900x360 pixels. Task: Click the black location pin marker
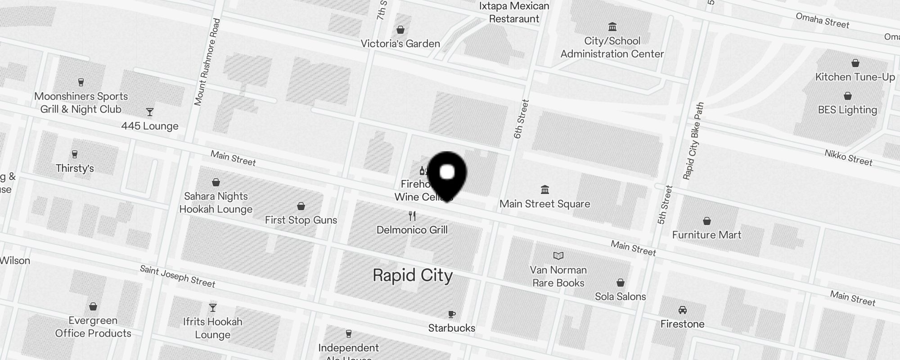(447, 173)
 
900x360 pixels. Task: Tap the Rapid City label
(413, 275)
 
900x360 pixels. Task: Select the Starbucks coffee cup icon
(452, 314)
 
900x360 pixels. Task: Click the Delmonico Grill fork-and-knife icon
(412, 216)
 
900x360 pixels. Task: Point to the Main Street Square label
(544, 204)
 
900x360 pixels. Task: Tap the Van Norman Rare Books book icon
(558, 256)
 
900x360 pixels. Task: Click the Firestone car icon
(683, 310)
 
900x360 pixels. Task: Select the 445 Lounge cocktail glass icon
(150, 112)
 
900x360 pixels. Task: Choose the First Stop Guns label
(301, 220)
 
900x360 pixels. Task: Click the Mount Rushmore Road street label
(207, 62)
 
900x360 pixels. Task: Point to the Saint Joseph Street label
(177, 276)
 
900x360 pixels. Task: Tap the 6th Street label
(521, 119)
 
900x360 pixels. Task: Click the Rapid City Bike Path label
(693, 141)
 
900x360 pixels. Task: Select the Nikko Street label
(848, 158)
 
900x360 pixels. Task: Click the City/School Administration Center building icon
(612, 27)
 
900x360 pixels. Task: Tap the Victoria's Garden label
(400, 44)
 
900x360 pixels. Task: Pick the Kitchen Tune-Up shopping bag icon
(855, 63)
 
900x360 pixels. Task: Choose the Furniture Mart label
(706, 235)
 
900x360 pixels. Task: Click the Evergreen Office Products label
(93, 327)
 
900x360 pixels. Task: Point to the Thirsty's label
(75, 168)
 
